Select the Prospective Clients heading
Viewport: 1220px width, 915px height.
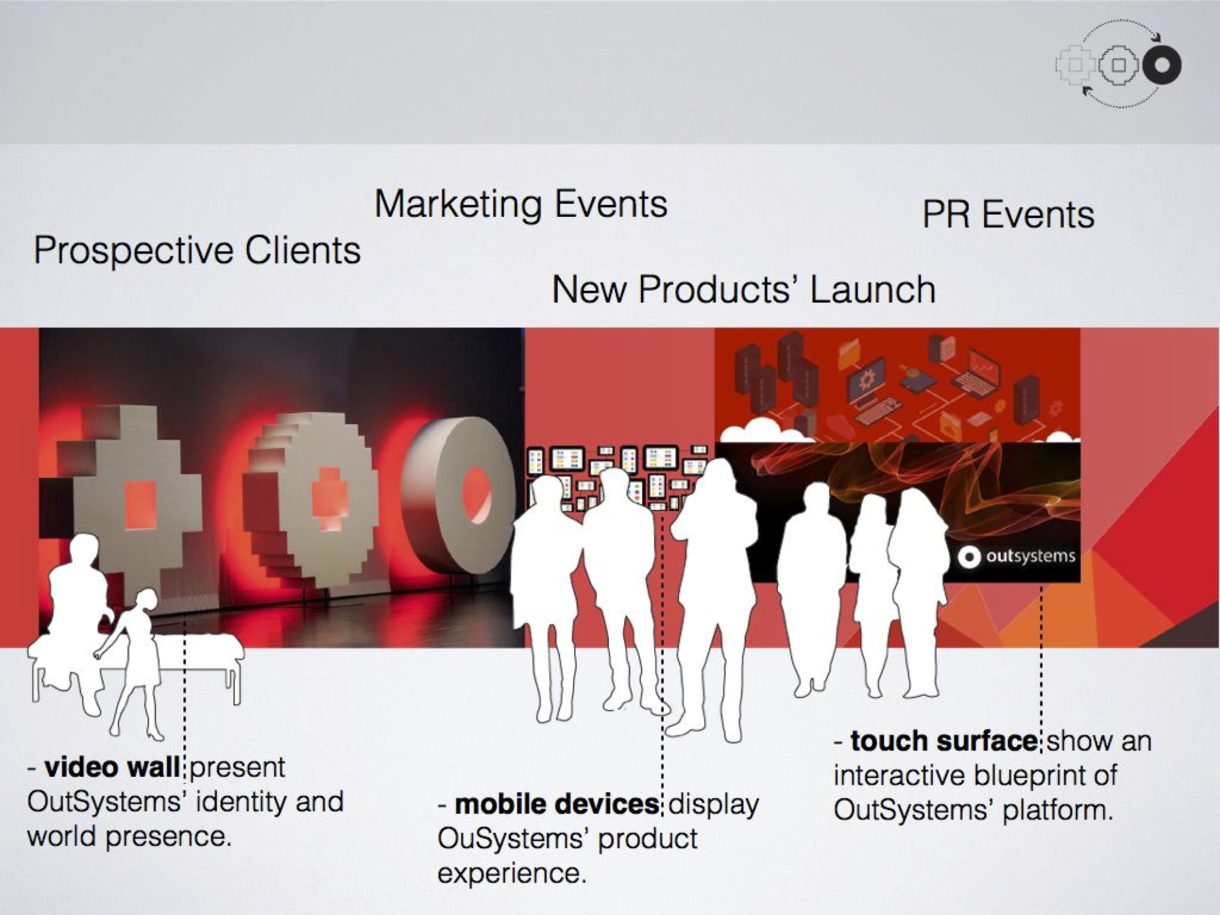197,251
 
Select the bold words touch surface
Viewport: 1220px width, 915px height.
943,741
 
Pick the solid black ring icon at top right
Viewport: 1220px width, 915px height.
1161,65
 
